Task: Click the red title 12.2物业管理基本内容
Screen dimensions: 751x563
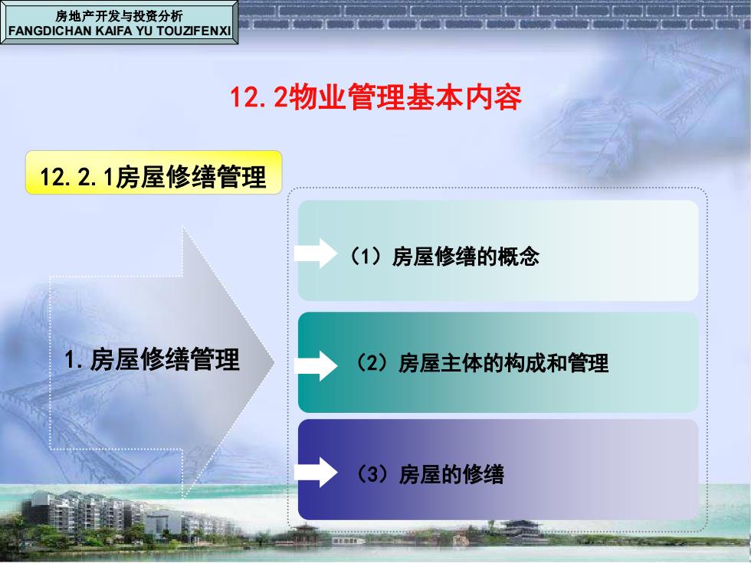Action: click(376, 98)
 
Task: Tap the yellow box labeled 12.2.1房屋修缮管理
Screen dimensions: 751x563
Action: click(153, 172)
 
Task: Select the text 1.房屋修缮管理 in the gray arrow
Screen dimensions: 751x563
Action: click(152, 359)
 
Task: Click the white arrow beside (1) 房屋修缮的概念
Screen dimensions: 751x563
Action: click(316, 254)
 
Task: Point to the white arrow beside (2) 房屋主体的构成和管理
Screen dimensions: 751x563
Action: click(316, 366)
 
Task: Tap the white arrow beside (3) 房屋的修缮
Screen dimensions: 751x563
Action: click(316, 472)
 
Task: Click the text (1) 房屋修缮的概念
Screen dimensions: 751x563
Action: click(444, 256)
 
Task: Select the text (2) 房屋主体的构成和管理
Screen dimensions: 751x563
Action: click(481, 363)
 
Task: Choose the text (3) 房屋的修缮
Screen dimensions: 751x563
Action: click(429, 474)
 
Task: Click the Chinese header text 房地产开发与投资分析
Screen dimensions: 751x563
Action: click(120, 16)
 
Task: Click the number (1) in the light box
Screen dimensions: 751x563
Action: click(367, 256)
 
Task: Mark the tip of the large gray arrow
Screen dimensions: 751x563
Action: click(274, 362)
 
